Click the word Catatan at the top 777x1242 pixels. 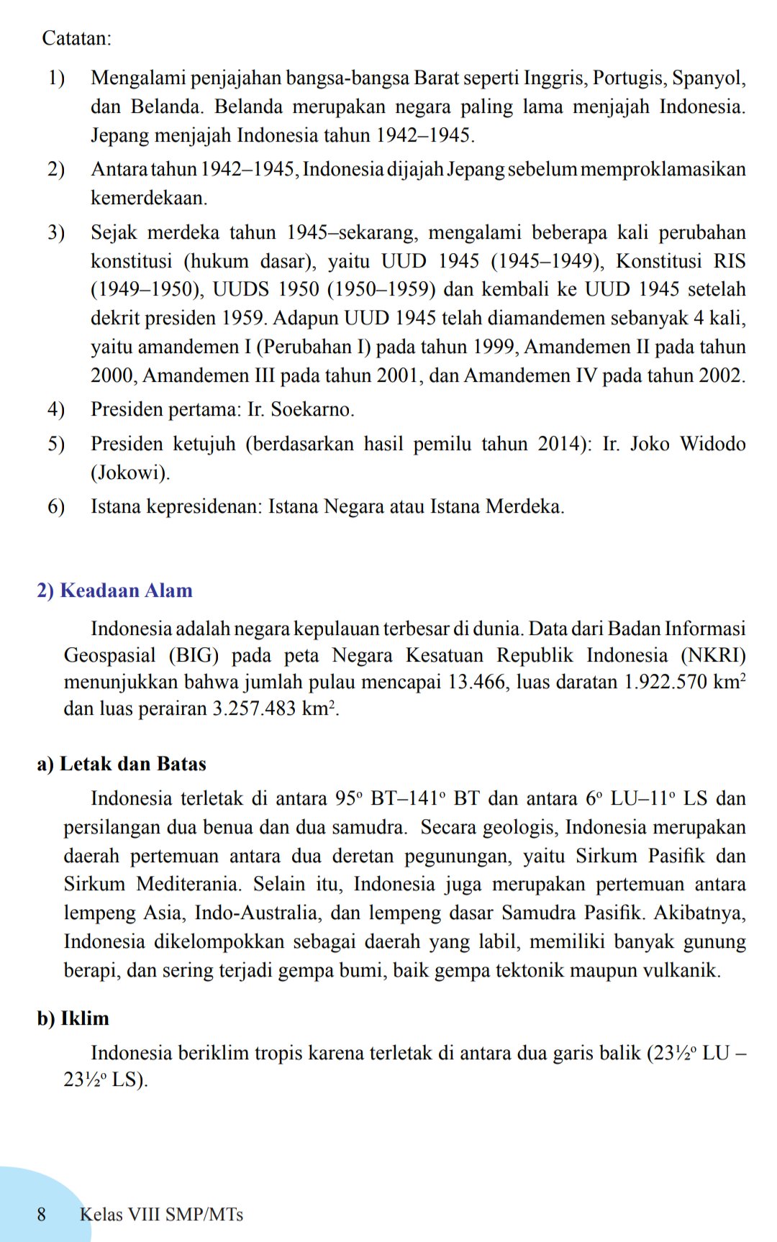(76, 38)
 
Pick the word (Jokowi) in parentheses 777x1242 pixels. (130, 473)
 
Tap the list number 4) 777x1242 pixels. (56, 410)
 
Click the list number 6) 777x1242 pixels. (56, 507)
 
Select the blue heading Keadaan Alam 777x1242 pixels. (126, 590)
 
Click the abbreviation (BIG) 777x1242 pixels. (194, 656)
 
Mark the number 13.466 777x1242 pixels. (477, 682)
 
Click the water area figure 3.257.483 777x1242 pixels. (254, 709)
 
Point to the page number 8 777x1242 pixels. (42, 1215)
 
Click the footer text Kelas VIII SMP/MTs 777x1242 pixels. (161, 1215)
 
